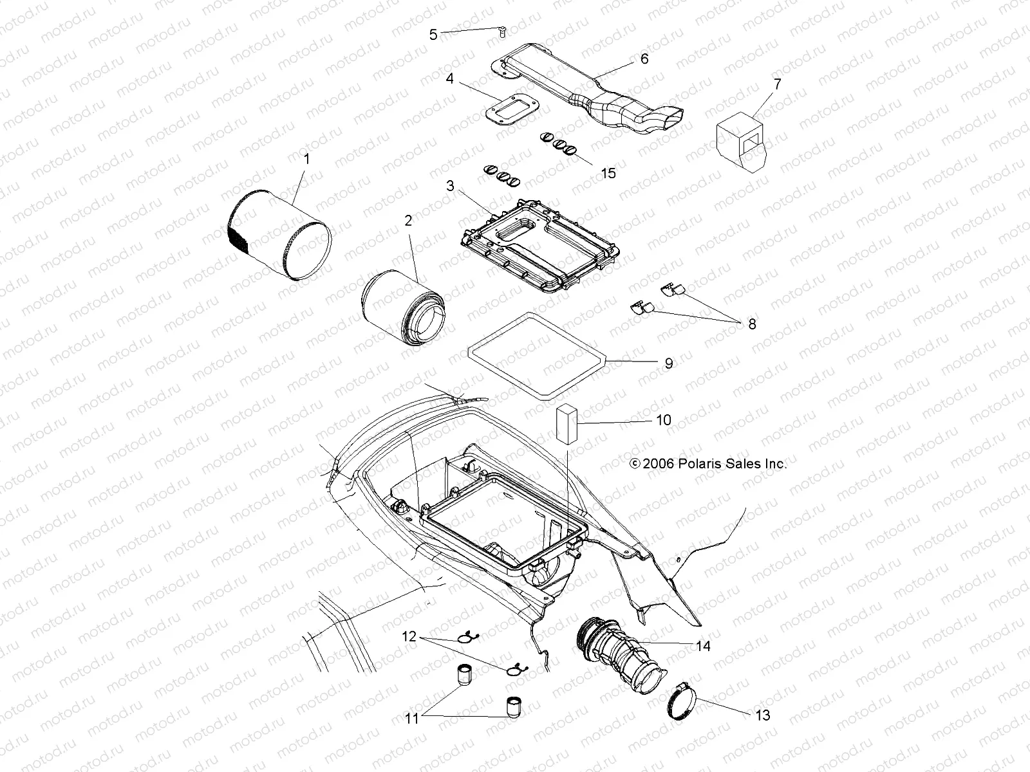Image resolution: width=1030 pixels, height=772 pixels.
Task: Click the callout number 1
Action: click(306, 158)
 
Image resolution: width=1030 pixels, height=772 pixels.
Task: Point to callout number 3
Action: click(451, 187)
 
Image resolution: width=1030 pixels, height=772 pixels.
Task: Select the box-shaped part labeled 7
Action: click(740, 142)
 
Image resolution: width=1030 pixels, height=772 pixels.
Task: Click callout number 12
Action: click(409, 638)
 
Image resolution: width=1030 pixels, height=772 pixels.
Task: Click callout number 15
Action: click(608, 172)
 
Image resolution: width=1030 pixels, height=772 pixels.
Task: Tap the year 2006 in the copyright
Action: click(657, 463)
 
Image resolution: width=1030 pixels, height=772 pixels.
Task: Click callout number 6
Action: click(644, 59)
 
